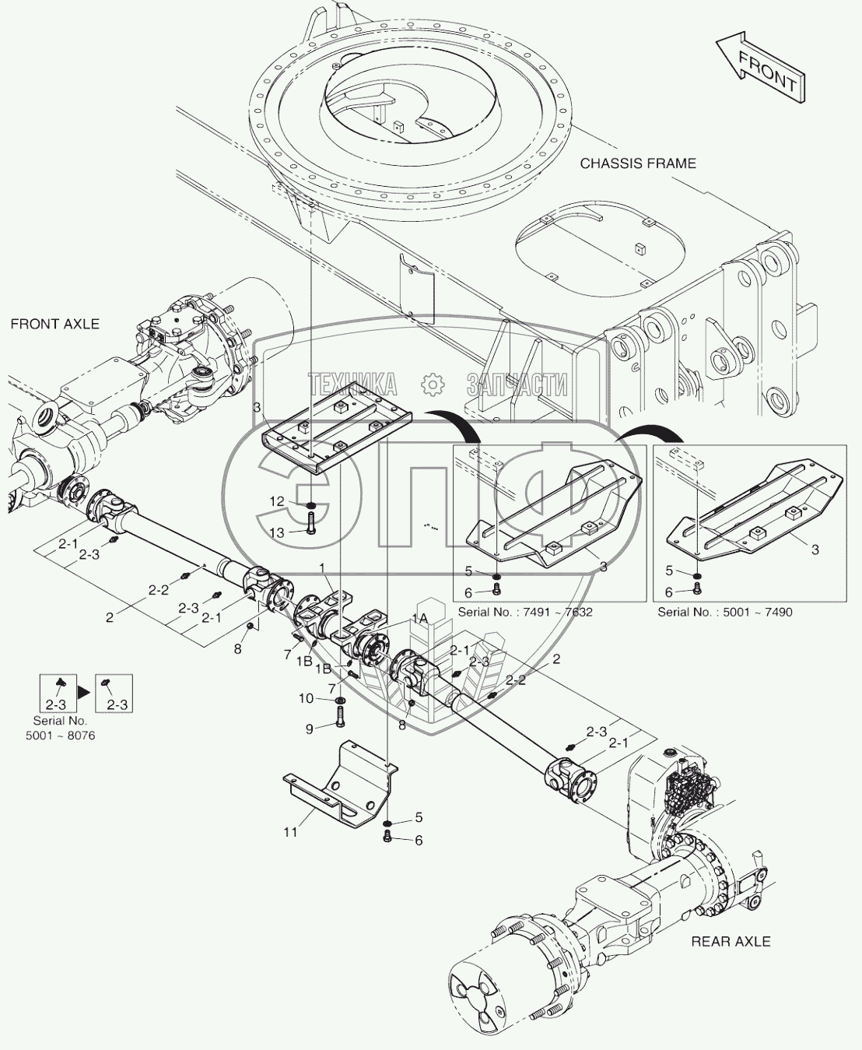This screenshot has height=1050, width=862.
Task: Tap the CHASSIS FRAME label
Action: pyautogui.click(x=638, y=163)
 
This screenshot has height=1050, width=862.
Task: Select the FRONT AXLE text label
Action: pyautogui.click(x=55, y=324)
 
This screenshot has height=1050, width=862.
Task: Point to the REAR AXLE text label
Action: pyautogui.click(x=731, y=942)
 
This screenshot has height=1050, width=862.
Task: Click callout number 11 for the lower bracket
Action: pyautogui.click(x=290, y=832)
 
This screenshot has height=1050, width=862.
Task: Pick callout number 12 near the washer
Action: pyautogui.click(x=277, y=501)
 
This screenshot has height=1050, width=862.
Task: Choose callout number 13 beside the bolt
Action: pyautogui.click(x=277, y=532)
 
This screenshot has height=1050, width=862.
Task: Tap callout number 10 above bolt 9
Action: pyautogui.click(x=306, y=698)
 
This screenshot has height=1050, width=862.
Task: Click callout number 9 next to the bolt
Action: pyautogui.click(x=309, y=729)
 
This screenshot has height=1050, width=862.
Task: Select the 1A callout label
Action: pyautogui.click(x=419, y=618)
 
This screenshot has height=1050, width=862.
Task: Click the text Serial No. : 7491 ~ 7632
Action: pyautogui.click(x=525, y=612)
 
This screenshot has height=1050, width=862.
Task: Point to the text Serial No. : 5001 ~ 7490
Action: pyautogui.click(x=724, y=612)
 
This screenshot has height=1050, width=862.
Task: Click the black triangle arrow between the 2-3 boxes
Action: pyautogui.click(x=84, y=692)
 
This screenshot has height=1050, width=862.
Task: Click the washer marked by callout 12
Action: pyautogui.click(x=311, y=506)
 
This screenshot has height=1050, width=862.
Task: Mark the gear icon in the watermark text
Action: pyautogui.click(x=432, y=385)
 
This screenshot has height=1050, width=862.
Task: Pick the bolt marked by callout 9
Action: pyautogui.click(x=341, y=721)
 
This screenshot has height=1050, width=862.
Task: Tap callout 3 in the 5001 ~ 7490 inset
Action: pyautogui.click(x=815, y=550)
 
